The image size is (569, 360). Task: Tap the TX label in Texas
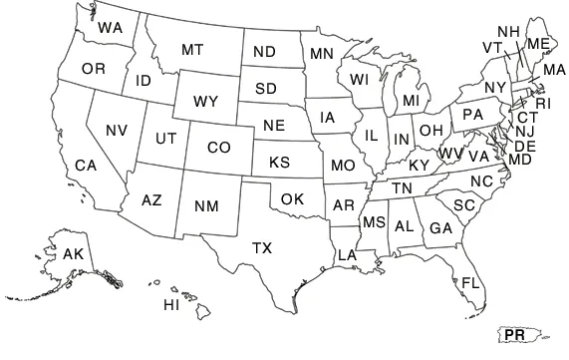click(262, 247)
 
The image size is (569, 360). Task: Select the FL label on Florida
click(470, 282)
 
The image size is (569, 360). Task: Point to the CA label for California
click(86, 165)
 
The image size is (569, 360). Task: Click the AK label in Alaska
click(73, 254)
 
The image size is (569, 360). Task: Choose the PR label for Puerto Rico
click(514, 335)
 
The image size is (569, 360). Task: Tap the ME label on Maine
click(538, 44)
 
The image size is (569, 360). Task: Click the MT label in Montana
click(193, 49)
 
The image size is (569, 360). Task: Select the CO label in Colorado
click(219, 148)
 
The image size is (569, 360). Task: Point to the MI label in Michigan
click(411, 102)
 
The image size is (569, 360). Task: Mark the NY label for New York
click(495, 88)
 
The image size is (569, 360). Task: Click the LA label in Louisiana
click(347, 255)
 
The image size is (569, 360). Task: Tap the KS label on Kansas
click(279, 162)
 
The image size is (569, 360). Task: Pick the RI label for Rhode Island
click(542, 103)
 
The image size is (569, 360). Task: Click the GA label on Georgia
click(441, 228)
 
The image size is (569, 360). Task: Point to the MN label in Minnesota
click(321, 53)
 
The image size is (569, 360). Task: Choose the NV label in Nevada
click(117, 130)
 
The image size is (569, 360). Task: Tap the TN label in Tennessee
click(402, 188)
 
